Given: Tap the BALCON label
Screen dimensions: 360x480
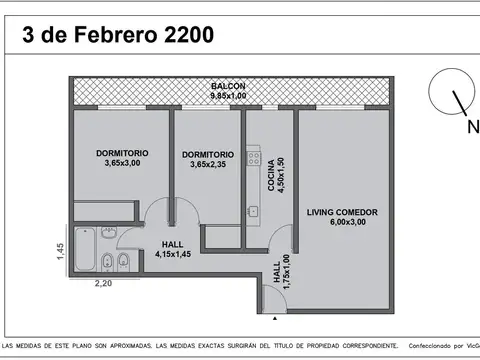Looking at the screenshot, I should pos(228,87).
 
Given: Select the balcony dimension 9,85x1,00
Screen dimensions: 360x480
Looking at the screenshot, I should pos(228,96).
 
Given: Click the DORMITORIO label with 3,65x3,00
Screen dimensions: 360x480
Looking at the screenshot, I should pos(123,152).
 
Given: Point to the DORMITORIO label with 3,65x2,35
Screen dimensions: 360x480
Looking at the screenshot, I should pos(208,154).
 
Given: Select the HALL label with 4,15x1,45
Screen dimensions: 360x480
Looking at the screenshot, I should pos(172,244).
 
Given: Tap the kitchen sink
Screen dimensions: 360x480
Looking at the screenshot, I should pos(253,211).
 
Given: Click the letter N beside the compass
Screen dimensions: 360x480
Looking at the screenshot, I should pos(472,128).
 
